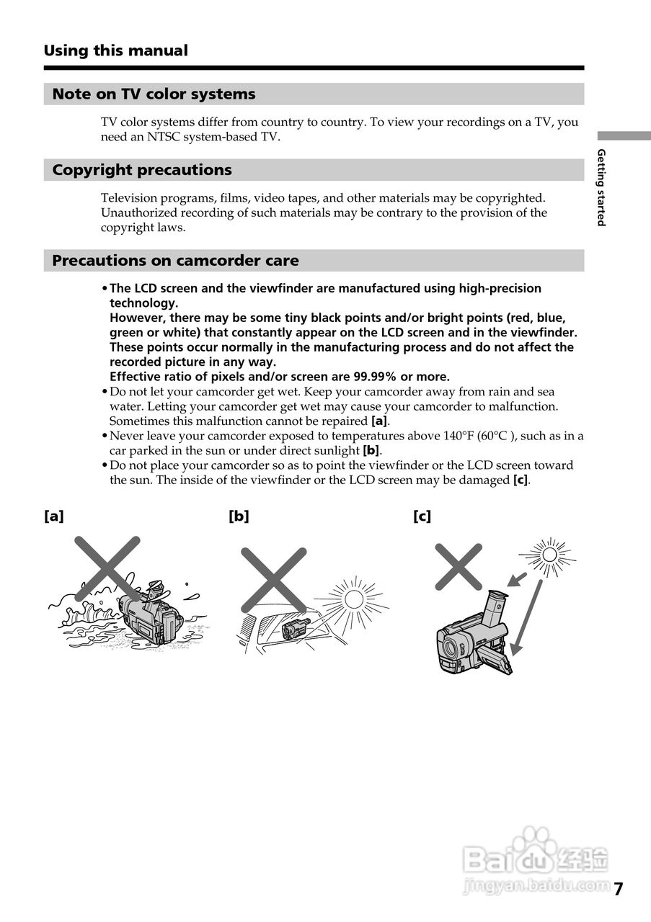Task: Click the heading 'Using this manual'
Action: click(x=115, y=50)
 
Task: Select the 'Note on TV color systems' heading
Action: click(x=154, y=94)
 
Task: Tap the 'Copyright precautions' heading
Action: click(x=142, y=170)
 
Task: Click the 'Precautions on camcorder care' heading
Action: click(x=175, y=261)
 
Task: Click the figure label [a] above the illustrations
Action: click(x=53, y=516)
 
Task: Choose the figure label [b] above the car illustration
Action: click(x=239, y=516)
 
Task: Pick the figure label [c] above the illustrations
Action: click(x=422, y=516)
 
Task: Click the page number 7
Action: click(x=619, y=889)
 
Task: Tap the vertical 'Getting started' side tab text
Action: click(x=601, y=187)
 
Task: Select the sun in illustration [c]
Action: click(x=549, y=555)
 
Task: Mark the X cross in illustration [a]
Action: click(x=107, y=568)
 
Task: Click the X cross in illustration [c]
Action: click(x=458, y=566)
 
